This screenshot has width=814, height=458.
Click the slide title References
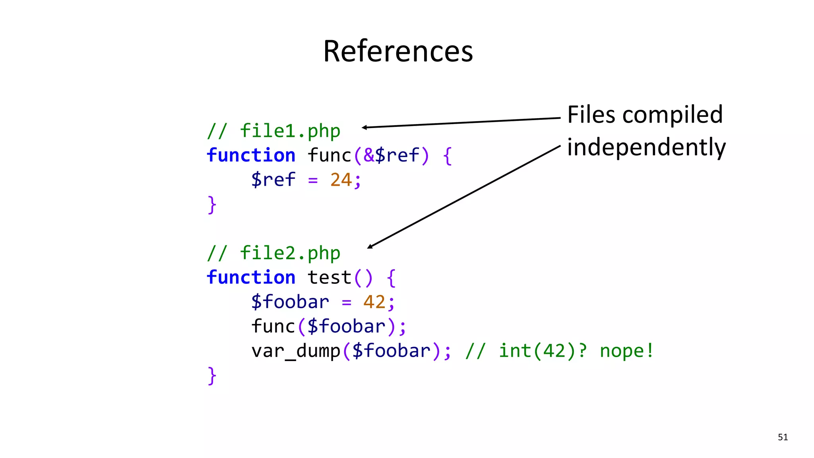pos(398,51)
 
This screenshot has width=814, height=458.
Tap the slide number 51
pos(783,437)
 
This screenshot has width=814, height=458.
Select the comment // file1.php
pos(273,131)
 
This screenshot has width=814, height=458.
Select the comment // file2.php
pos(273,253)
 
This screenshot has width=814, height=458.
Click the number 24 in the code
pos(341,180)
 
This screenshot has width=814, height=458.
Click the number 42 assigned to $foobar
pos(374,302)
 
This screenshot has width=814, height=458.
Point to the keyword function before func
pos(251,155)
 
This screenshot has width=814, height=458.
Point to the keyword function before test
pos(251,278)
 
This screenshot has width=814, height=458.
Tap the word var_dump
pos(296,351)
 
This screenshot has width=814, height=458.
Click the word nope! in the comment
pos(626,351)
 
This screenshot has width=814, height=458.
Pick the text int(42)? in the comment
pos(543,351)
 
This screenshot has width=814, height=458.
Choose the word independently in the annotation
pos(646,147)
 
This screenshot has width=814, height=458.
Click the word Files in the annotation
pos(591,115)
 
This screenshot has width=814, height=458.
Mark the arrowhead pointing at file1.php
pos(364,127)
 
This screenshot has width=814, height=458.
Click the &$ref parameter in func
pos(391,155)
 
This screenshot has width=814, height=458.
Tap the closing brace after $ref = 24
pos(212,205)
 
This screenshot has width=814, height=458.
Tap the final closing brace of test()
pos(212,376)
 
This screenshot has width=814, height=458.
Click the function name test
pos(329,278)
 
